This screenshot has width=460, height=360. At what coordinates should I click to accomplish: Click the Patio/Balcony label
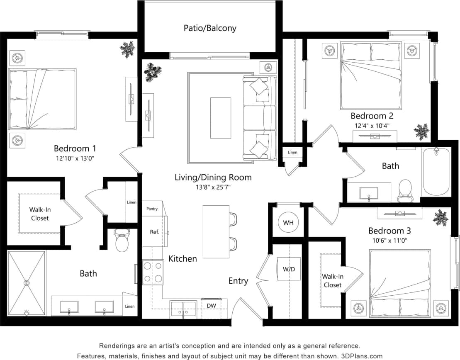click(x=210, y=28)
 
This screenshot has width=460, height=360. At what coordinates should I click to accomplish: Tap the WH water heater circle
click(x=288, y=223)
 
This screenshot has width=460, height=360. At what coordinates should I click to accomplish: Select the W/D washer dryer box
click(x=289, y=269)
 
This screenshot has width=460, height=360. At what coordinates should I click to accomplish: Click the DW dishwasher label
click(x=211, y=305)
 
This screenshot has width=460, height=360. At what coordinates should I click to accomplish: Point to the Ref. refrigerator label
click(x=154, y=232)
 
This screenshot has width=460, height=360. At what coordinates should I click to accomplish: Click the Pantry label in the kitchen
click(x=152, y=209)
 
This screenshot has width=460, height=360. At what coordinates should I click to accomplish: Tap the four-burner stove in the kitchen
click(x=152, y=272)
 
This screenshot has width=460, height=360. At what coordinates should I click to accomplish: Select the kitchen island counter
click(x=216, y=231)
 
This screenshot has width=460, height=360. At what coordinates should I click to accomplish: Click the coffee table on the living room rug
click(x=220, y=118)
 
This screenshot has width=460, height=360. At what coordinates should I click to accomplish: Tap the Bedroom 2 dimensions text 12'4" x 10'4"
click(x=372, y=125)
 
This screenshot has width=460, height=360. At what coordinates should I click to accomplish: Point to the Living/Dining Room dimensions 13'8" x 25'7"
click(x=213, y=187)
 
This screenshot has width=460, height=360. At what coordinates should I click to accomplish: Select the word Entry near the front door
click(x=238, y=281)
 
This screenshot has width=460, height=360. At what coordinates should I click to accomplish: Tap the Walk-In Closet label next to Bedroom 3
click(x=332, y=281)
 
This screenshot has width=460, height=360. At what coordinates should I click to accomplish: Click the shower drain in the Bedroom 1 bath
click(x=27, y=283)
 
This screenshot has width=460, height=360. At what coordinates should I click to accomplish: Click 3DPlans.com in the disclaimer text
click(x=362, y=355)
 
